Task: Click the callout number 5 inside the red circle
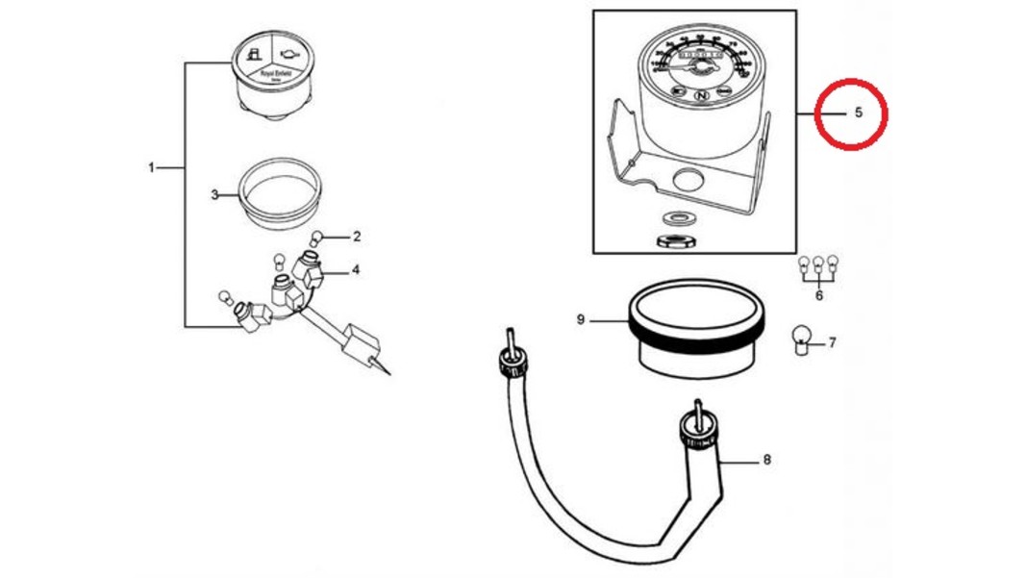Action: click(858, 113)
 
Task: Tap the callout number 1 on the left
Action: click(151, 168)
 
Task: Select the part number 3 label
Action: click(214, 195)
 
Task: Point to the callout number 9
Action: click(581, 318)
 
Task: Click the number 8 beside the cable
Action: click(766, 460)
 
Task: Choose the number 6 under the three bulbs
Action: click(818, 295)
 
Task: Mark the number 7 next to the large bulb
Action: click(832, 342)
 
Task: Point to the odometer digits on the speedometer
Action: click(698, 60)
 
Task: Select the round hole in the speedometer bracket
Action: click(688, 179)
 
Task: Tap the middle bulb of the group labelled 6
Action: click(818, 263)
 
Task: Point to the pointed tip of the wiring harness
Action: click(389, 373)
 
